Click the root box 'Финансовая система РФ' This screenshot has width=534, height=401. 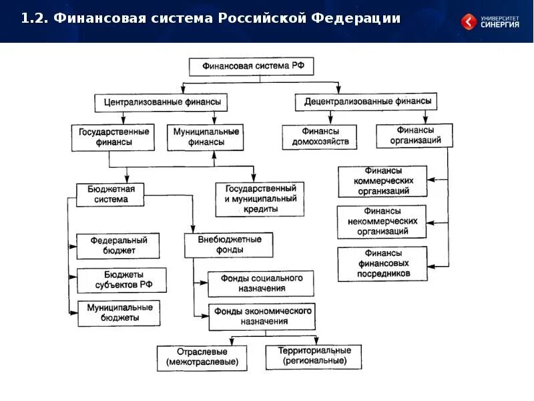pyautogui.click(x=251, y=66)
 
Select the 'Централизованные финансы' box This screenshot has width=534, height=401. pyautogui.click(x=161, y=103)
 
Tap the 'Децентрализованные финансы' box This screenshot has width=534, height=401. pyautogui.click(x=366, y=102)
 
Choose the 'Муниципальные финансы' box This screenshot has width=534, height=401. pyautogui.click(x=204, y=137)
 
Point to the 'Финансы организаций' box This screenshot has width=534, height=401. pyautogui.click(x=415, y=136)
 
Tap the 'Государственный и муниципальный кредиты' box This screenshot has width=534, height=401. pyautogui.click(x=260, y=199)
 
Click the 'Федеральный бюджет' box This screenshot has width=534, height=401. pyautogui.click(x=118, y=245)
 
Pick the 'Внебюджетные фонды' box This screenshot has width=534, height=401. pyautogui.click(x=229, y=245)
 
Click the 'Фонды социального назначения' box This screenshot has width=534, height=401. pyautogui.click(x=260, y=283)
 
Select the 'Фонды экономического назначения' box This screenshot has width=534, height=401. pyautogui.click(x=261, y=317)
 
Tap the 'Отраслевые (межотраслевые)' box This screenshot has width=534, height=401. pyautogui.click(x=202, y=358)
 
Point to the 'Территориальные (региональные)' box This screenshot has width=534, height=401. pyautogui.click(x=314, y=356)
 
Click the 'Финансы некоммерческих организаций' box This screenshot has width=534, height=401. pyautogui.click(x=382, y=222)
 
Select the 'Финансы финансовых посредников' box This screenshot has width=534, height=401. pyautogui.click(x=382, y=263)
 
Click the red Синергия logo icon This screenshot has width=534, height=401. pyautogui.click(x=469, y=22)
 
